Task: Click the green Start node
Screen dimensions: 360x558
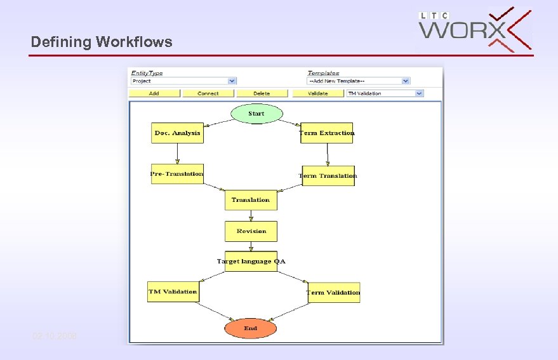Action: [x=256, y=114]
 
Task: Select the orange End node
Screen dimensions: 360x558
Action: [x=251, y=328]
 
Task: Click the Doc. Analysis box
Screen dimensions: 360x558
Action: [x=177, y=133]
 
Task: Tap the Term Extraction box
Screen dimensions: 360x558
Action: [x=326, y=133]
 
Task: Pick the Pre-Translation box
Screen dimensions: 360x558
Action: [x=177, y=174]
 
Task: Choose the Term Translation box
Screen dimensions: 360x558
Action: [x=328, y=176]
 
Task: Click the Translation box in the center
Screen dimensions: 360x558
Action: [x=251, y=200]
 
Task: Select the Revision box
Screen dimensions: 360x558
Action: [x=251, y=231]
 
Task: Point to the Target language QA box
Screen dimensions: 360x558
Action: [x=251, y=262]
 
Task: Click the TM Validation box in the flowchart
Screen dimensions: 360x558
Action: [x=173, y=292]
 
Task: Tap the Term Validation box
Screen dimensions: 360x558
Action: [x=333, y=293]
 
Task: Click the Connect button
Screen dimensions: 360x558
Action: [x=208, y=93]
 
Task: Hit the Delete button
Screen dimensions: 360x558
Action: [x=262, y=93]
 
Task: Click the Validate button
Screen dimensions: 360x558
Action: [x=317, y=93]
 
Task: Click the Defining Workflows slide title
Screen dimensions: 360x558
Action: [x=102, y=42]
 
